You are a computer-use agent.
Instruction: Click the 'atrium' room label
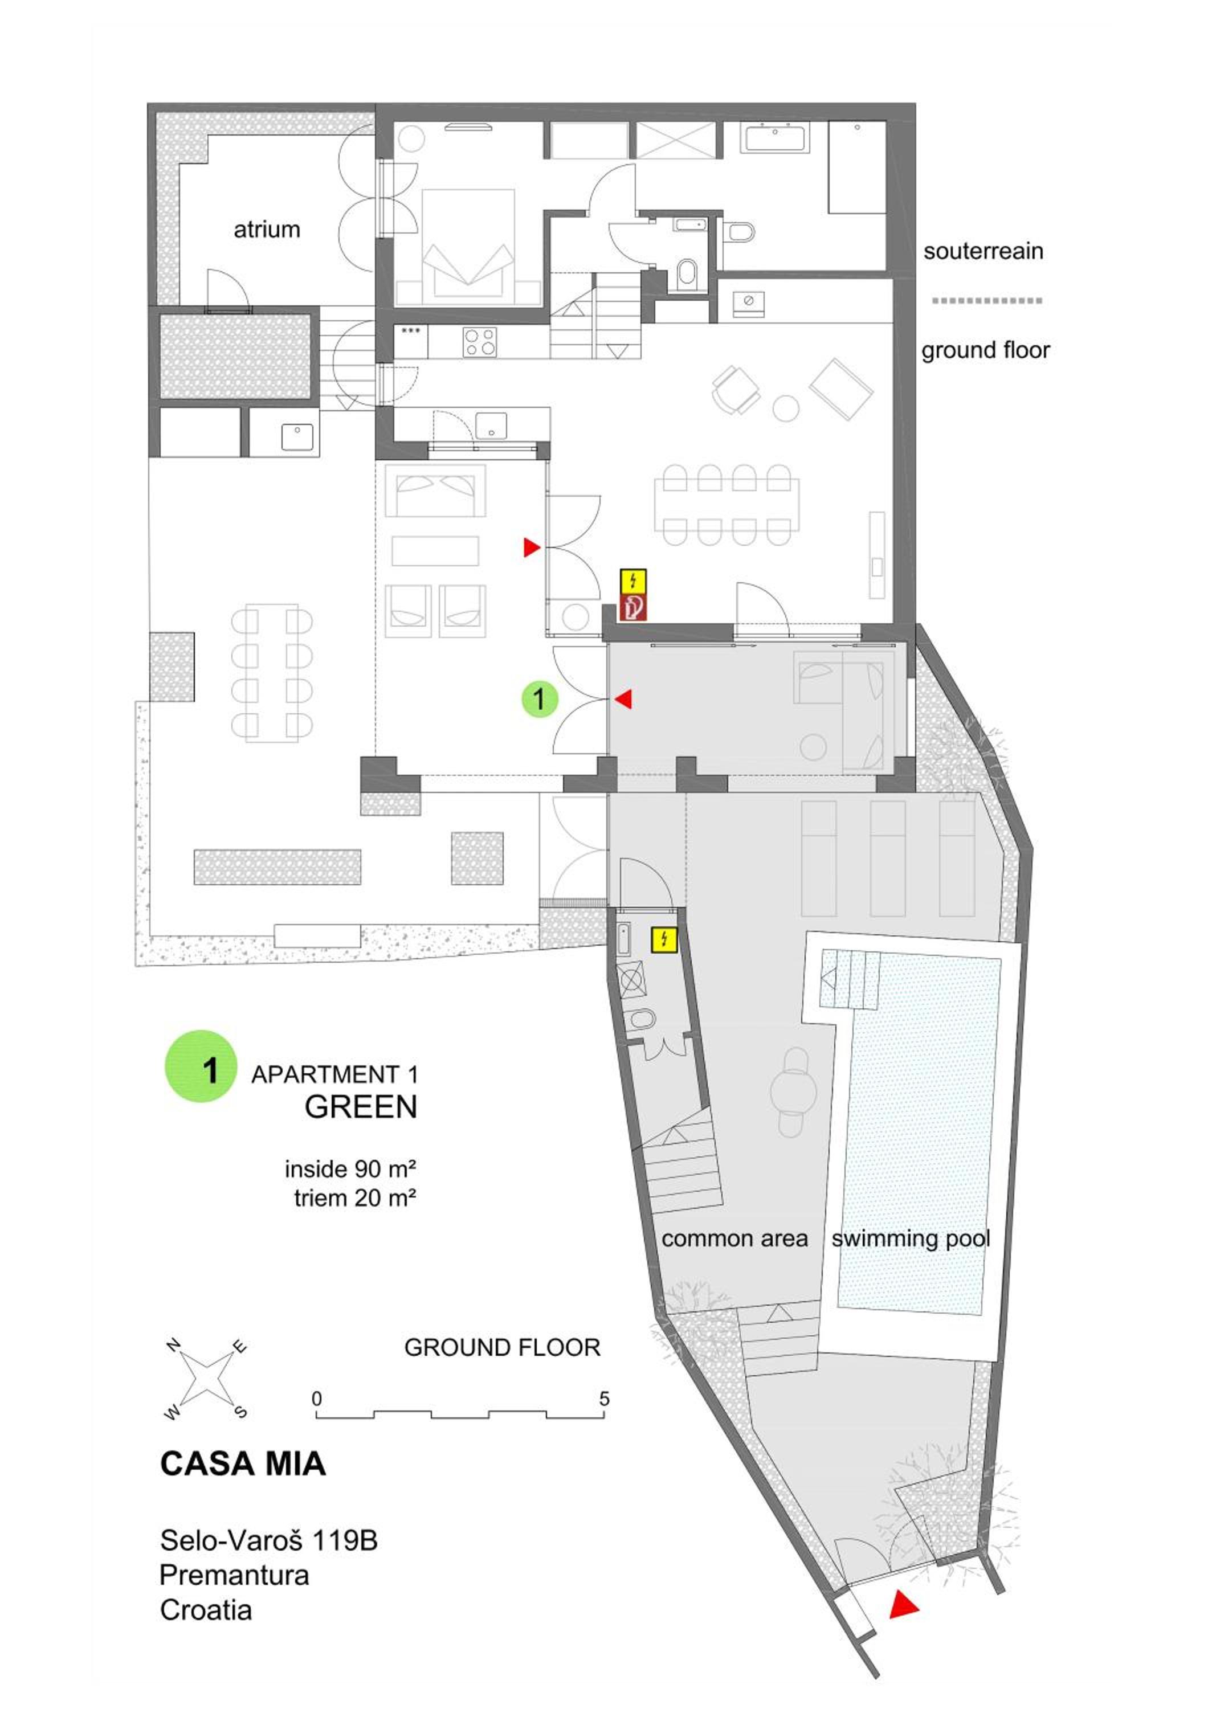[x=267, y=229]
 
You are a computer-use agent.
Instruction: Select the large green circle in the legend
[x=201, y=1066]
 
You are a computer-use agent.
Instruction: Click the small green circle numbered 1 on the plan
[x=540, y=699]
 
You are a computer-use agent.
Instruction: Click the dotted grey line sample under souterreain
[x=987, y=301]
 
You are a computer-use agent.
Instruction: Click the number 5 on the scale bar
[x=605, y=1399]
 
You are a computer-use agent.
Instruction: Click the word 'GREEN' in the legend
[x=361, y=1107]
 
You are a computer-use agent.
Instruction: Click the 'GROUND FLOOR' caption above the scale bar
[x=503, y=1347]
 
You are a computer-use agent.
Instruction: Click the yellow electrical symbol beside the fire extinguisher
[x=634, y=580]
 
